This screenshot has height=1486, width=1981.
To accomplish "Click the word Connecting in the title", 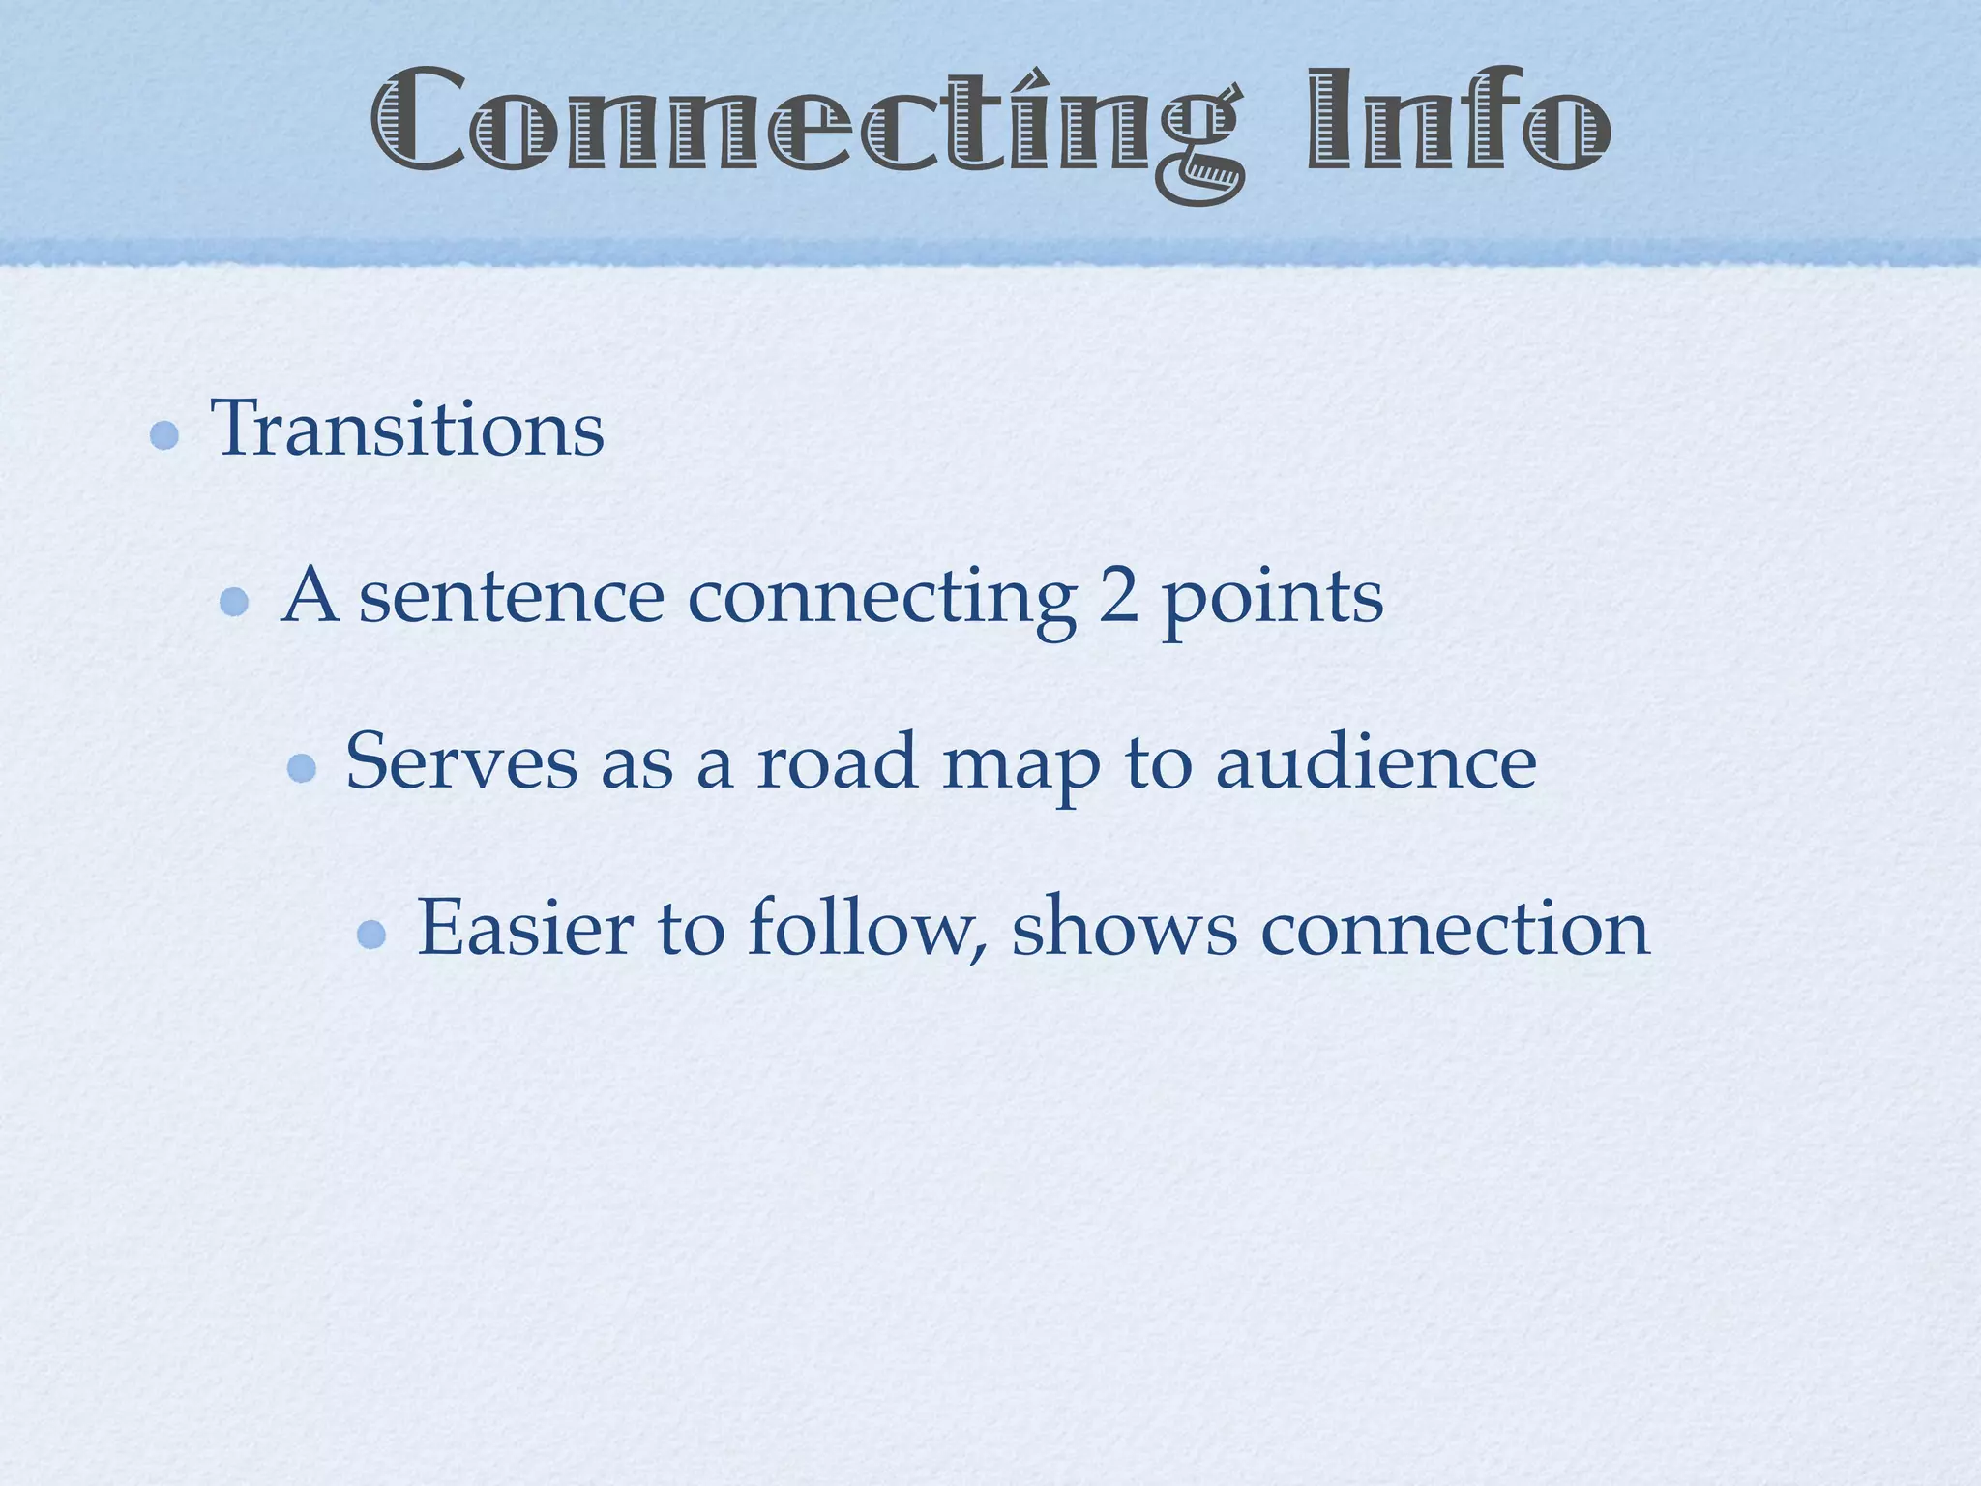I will click(808, 121).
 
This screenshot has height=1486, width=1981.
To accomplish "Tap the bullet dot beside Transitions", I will click(164, 435).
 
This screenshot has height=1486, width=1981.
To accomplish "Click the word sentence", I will click(512, 597).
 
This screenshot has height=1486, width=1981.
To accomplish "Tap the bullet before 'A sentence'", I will click(234, 603).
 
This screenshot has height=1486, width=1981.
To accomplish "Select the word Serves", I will click(461, 761).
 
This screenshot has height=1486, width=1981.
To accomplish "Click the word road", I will click(837, 761).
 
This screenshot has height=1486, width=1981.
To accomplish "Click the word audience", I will click(1375, 761).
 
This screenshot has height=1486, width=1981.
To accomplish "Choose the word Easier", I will click(525, 928).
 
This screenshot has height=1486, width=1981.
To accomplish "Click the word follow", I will click(867, 928).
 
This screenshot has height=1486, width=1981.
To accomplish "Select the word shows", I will click(1124, 928).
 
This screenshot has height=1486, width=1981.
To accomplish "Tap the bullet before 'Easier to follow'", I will click(371, 935).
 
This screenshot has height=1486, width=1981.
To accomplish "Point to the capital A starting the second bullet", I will click(310, 595).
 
